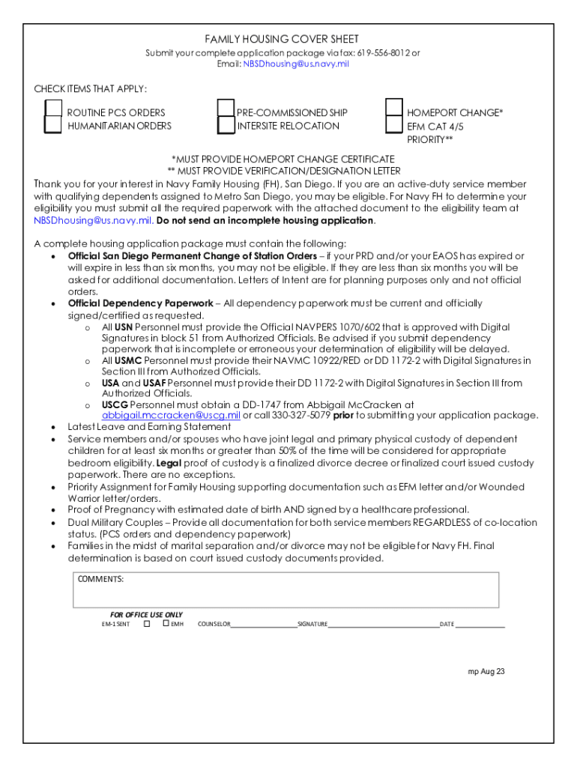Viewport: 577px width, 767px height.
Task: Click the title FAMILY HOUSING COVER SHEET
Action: pos(282,39)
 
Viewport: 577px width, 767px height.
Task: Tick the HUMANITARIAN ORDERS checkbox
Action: pos(52,125)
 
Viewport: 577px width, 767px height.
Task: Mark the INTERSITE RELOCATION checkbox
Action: pos(226,125)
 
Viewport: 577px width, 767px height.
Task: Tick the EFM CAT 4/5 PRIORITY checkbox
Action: pos(394,125)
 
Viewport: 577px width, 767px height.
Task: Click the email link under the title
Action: pos(296,64)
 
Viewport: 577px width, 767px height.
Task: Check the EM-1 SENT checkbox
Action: pos(147,623)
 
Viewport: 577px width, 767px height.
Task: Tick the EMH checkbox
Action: pos(166,623)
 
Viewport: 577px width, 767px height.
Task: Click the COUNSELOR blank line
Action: pos(263,624)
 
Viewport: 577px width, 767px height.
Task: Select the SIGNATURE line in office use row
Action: pos(383,624)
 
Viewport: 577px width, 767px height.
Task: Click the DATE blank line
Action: pos(480,624)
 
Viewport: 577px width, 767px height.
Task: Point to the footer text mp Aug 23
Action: pos(486,671)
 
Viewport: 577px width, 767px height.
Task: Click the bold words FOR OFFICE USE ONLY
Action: pos(146,614)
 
